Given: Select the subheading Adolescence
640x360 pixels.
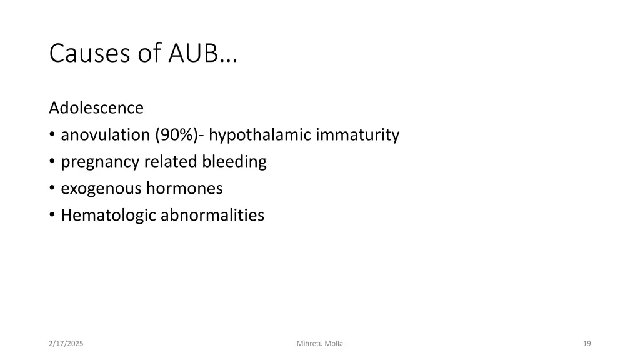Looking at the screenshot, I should [96, 108].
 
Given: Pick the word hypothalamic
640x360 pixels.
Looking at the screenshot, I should [261, 135].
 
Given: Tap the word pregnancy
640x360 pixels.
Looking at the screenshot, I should [101, 162].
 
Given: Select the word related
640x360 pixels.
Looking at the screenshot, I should [171, 162].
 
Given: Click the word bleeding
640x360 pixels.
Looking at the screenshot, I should [234, 162].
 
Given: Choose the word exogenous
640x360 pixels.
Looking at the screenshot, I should [101, 188].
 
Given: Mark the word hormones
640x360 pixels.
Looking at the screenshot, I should [184, 188].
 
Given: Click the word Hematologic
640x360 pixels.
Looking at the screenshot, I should [109, 216].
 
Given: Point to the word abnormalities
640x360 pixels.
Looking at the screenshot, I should [212, 216].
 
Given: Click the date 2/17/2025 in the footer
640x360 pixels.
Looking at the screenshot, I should [66, 344].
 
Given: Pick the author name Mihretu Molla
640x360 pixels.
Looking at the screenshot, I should [320, 344].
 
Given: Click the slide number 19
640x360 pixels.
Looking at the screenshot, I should [586, 344].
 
